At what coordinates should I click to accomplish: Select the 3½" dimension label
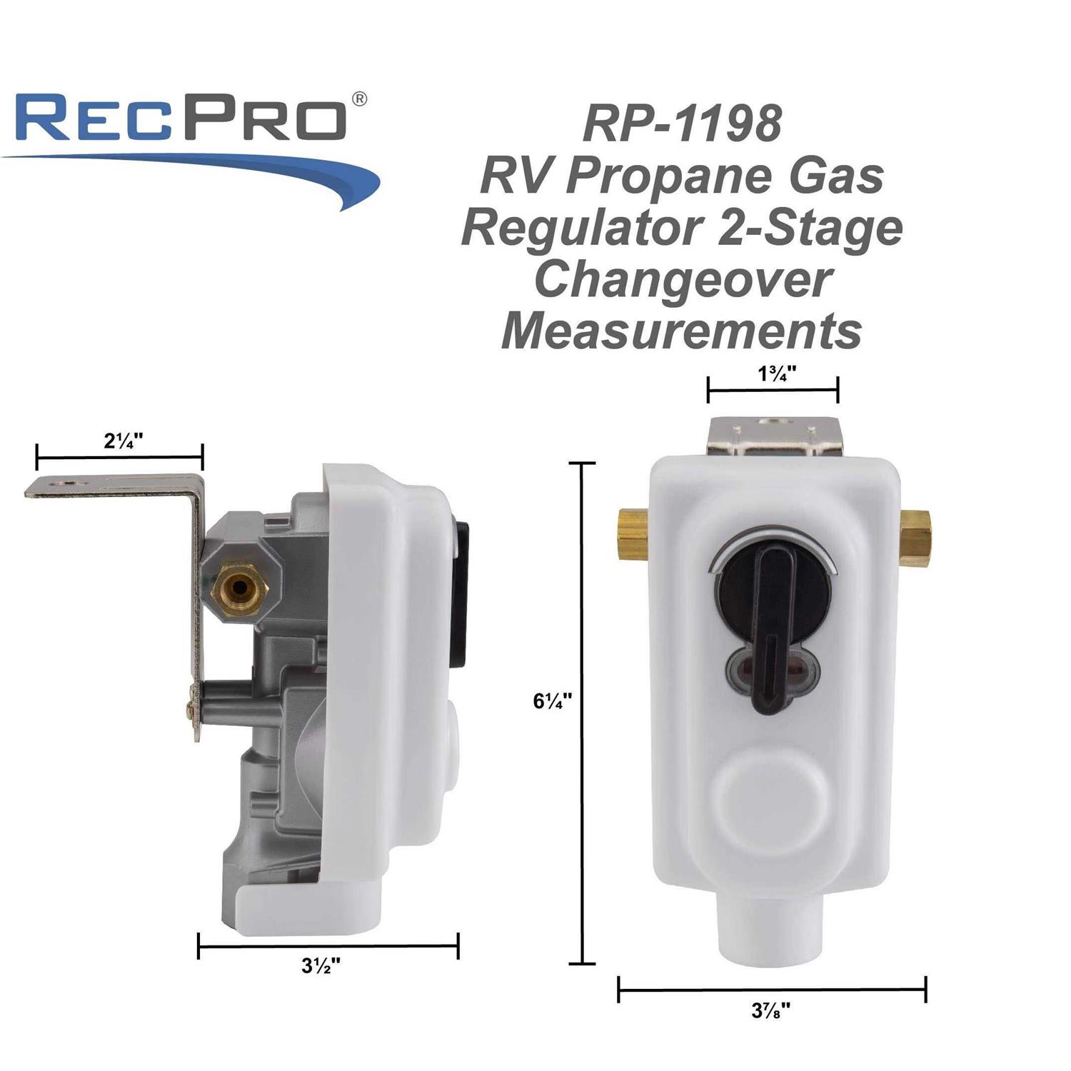click(320, 967)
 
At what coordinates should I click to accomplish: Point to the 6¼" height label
click(552, 701)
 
